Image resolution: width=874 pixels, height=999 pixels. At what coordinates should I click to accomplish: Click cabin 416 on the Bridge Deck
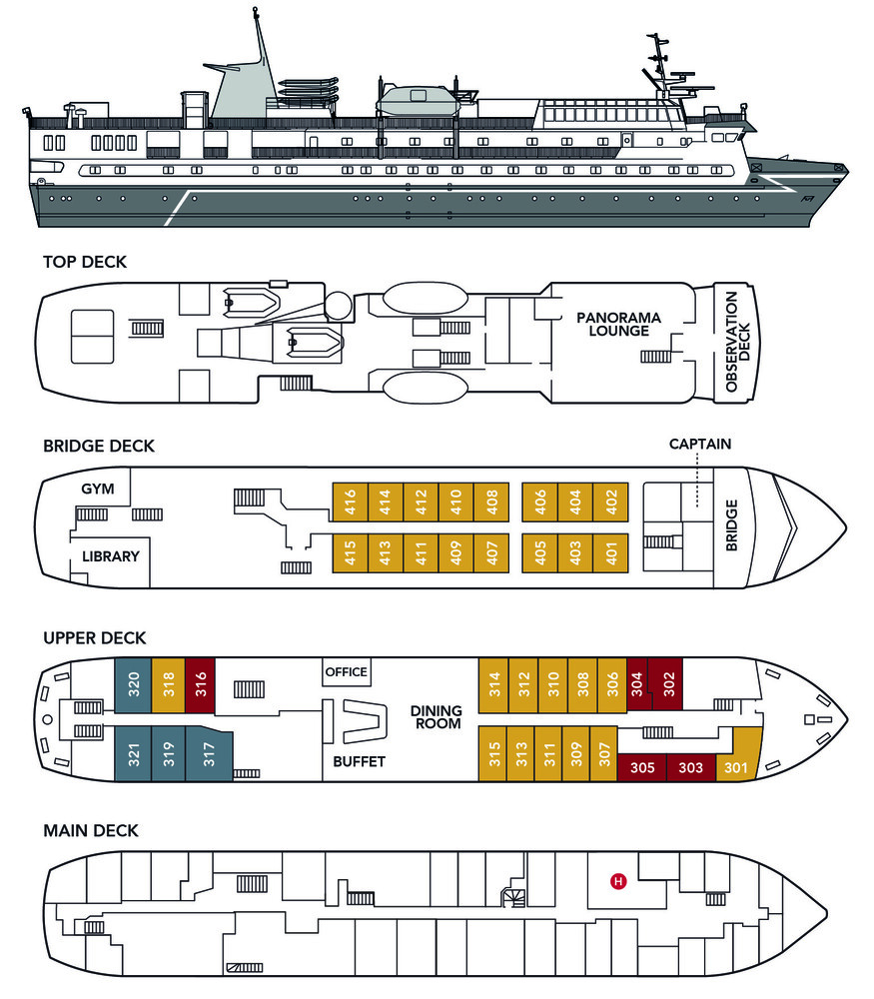(350, 499)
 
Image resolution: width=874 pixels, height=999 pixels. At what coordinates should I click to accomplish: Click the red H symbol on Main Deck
(618, 881)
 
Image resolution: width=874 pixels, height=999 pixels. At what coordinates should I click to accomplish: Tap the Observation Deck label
(736, 341)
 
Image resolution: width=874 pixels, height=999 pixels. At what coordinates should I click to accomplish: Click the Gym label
(100, 489)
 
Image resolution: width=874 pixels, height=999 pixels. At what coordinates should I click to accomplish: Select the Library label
(111, 555)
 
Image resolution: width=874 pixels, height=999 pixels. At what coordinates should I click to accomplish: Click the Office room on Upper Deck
(347, 672)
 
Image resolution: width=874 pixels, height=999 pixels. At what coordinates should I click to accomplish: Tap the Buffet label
(359, 761)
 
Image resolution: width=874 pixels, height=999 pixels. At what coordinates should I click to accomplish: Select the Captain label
(700, 444)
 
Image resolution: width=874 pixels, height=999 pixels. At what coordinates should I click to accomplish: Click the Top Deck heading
(85, 263)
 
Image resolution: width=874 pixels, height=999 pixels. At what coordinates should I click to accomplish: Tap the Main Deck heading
(91, 830)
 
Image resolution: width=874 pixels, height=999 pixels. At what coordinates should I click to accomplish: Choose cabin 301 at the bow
(736, 768)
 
